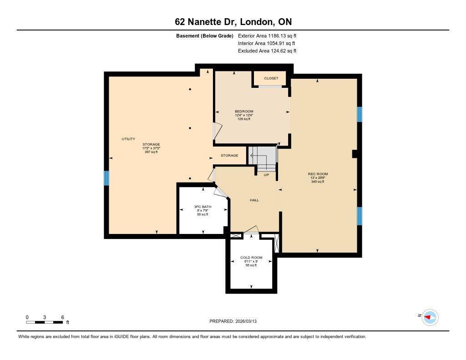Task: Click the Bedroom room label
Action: (x=244, y=112)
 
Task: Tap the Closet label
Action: (x=271, y=78)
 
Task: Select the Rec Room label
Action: (x=318, y=174)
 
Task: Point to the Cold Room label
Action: (x=251, y=258)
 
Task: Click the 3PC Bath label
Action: (x=203, y=207)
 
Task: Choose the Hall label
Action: (x=254, y=200)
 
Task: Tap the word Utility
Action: (x=128, y=139)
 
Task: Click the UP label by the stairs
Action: (x=266, y=175)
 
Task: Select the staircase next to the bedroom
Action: (x=263, y=159)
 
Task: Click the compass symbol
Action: (x=430, y=317)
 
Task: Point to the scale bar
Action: (x=45, y=322)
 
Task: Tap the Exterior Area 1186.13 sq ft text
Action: (x=267, y=35)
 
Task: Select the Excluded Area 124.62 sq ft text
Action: (x=267, y=51)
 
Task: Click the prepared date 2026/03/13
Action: (x=246, y=321)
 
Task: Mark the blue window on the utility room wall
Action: (x=106, y=178)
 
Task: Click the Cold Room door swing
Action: (x=251, y=230)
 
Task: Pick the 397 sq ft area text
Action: (x=151, y=152)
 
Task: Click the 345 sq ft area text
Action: (x=318, y=182)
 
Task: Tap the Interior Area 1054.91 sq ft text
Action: (x=267, y=43)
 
